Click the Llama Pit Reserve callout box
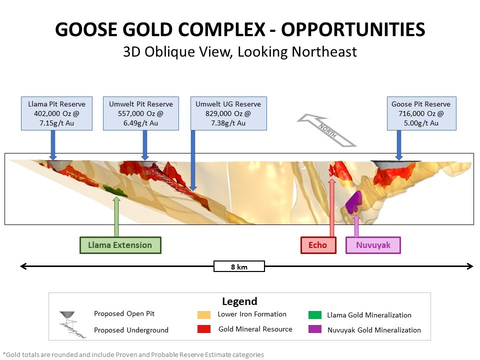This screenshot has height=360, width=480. (x=56, y=113)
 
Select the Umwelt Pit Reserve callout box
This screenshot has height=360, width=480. (x=141, y=113)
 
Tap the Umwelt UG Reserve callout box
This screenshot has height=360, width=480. (x=228, y=113)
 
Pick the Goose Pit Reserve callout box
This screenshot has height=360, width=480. (x=421, y=113)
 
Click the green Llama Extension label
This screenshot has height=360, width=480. (x=120, y=245)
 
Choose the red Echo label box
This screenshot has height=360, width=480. (x=318, y=245)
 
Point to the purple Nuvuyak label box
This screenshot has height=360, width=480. (x=373, y=245)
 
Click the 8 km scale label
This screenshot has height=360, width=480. (x=239, y=266)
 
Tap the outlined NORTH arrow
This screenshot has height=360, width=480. (x=326, y=130)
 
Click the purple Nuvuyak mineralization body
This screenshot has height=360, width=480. (x=354, y=202)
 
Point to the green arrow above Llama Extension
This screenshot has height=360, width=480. (x=116, y=216)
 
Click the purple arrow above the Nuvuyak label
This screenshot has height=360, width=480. (x=356, y=226)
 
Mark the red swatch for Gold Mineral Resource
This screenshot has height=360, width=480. (x=204, y=329)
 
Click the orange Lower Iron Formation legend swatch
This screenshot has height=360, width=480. (x=204, y=314)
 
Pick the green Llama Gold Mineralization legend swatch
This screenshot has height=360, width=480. (x=315, y=314)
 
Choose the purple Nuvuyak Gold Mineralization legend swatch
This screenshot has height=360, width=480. (x=315, y=329)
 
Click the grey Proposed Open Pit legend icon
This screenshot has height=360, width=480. (x=67, y=314)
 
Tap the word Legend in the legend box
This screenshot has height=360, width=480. (x=239, y=301)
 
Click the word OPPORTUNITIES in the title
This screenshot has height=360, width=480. (x=353, y=29)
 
